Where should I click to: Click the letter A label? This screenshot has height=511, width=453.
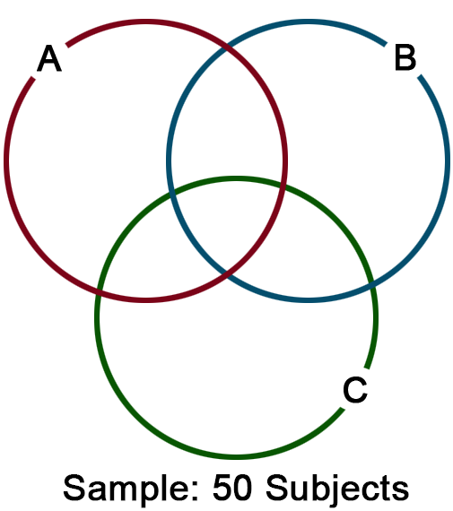(x=49, y=58)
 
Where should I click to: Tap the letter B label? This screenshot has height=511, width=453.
(x=405, y=58)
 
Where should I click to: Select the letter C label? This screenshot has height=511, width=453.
(x=355, y=390)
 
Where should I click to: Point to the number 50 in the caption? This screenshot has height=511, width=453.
(x=232, y=488)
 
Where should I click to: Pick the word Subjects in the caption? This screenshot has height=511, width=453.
(x=337, y=489)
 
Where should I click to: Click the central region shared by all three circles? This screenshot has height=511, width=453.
(x=228, y=221)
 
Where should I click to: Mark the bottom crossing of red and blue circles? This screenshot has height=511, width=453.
(x=227, y=274)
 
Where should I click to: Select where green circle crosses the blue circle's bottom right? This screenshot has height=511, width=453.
(x=372, y=286)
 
